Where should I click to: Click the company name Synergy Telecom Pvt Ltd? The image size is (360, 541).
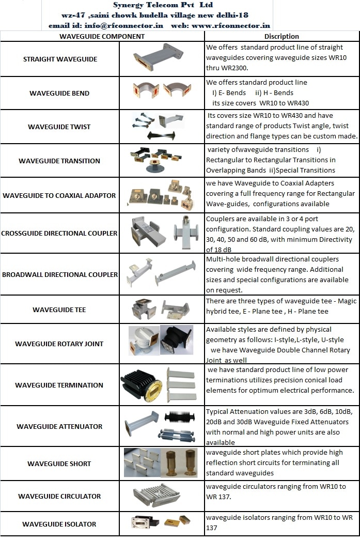pos(160,5)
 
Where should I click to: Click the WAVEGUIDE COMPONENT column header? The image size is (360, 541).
pos(102,37)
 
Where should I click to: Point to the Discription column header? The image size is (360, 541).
pos(281,37)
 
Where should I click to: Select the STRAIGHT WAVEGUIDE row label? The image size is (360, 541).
pos(60,59)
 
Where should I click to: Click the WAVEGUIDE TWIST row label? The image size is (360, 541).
pos(59,127)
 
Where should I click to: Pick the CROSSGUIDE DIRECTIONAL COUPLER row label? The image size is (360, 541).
pos(59,233)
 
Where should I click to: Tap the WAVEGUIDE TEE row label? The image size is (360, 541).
pos(59,310)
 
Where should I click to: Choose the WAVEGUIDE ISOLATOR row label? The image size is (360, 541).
pos(59,524)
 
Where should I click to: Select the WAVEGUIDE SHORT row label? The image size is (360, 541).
pos(59,464)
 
